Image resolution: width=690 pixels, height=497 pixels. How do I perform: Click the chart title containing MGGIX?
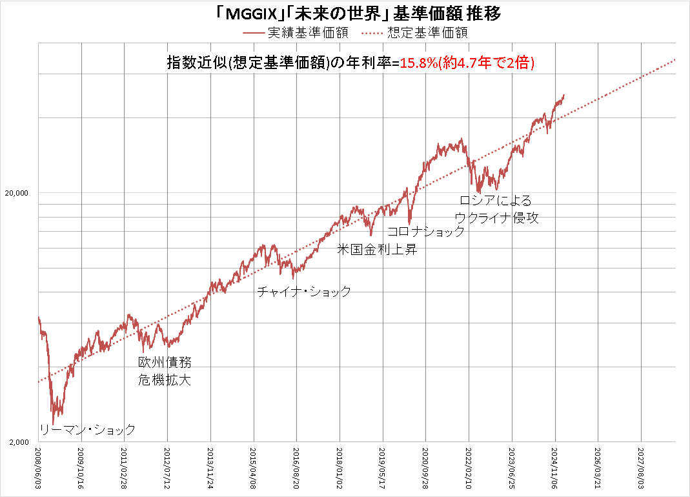pyautogui.click(x=344, y=12)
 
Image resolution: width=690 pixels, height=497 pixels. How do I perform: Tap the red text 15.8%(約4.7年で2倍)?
pyautogui.click(x=467, y=63)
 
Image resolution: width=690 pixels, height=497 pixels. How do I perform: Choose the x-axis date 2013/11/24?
pyautogui.click(x=210, y=469)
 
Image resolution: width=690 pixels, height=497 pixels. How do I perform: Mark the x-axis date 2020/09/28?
pyautogui.click(x=425, y=469)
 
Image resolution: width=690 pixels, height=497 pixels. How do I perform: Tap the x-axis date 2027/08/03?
pyautogui.click(x=640, y=469)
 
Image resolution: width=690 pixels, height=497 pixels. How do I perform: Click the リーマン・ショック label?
pyautogui.click(x=87, y=430)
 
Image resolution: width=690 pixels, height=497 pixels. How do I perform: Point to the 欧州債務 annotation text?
pyautogui.click(x=165, y=363)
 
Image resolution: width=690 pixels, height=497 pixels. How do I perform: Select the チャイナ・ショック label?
pyautogui.click(x=304, y=292)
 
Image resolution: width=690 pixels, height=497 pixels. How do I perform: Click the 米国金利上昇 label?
pyautogui.click(x=378, y=249)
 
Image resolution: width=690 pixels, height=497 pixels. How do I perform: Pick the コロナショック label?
pyautogui.click(x=426, y=232)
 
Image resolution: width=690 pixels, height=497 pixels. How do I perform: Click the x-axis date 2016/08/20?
pyautogui.click(x=296, y=469)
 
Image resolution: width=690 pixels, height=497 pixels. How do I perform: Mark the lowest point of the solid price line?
pyautogui.click(x=53, y=423)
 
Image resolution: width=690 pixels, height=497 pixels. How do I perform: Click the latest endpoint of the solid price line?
pyautogui.click(x=564, y=95)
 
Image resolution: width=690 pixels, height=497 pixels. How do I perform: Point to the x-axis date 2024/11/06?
pyautogui.click(x=554, y=469)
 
